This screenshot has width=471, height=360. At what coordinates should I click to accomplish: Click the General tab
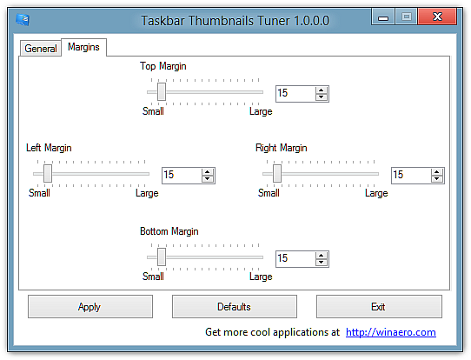tap(41, 48)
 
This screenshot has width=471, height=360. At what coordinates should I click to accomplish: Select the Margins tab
tap(83, 47)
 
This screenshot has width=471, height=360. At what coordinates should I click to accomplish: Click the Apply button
tap(90, 306)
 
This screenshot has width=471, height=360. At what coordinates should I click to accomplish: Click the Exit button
tap(379, 306)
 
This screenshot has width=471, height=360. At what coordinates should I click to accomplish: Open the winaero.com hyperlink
tap(391, 332)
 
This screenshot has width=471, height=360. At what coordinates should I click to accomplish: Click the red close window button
tap(437, 17)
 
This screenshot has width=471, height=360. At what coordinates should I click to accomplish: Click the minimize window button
tap(382, 17)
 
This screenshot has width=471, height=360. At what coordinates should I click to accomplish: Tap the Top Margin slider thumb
tap(162, 92)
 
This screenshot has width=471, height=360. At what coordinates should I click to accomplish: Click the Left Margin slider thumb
tap(48, 174)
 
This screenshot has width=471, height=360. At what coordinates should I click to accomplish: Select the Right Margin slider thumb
tap(277, 174)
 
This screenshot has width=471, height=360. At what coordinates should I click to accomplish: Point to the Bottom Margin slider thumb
tap(162, 257)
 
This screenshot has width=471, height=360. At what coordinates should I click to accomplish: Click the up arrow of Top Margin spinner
tap(322, 90)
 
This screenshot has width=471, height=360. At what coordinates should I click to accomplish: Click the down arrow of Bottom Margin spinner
tap(322, 262)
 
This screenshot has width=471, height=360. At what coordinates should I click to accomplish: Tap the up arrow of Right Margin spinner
tap(436, 171)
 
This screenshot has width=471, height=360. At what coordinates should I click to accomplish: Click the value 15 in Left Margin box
tap(169, 175)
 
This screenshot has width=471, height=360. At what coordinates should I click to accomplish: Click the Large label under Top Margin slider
tap(261, 111)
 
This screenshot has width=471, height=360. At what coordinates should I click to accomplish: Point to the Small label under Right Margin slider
tap(269, 193)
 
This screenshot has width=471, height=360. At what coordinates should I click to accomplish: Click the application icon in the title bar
tap(23, 20)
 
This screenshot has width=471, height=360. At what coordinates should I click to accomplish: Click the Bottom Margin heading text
tap(169, 231)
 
